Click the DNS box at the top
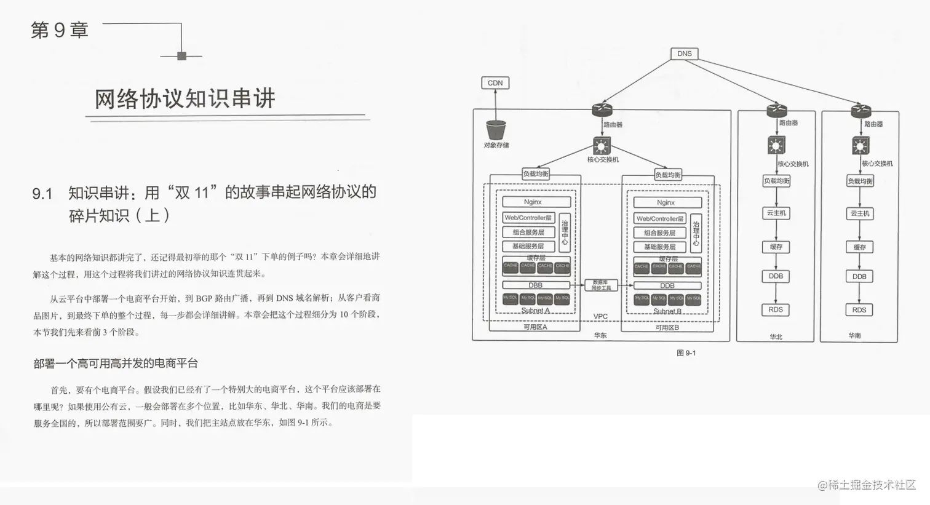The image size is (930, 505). coord(684,54)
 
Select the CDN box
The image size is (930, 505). coord(495,83)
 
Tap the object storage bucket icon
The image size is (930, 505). coord(496,130)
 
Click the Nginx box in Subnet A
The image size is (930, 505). coord(533,202)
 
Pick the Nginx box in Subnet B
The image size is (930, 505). coord(666,202)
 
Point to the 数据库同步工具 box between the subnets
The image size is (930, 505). coord(601,285)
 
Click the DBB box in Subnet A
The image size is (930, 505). coord(536,285)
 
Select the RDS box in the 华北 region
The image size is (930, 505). coord(776,309)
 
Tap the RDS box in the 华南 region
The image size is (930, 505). coord(859,310)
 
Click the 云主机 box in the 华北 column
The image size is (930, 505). coord(776,213)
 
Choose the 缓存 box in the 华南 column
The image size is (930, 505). coord(859,247)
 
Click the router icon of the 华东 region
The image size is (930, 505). coord(602,110)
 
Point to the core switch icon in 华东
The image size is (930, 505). coord(602,146)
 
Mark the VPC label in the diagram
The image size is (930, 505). coord(600,317)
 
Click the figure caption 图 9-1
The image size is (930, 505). coord(686,353)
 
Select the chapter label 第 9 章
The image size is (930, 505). coord(60,30)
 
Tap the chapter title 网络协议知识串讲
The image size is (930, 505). coord(185,99)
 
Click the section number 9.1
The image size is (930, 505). coord(42,194)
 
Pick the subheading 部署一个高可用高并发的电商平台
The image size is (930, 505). coord(116,364)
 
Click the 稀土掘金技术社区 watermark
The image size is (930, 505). coord(867,485)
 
